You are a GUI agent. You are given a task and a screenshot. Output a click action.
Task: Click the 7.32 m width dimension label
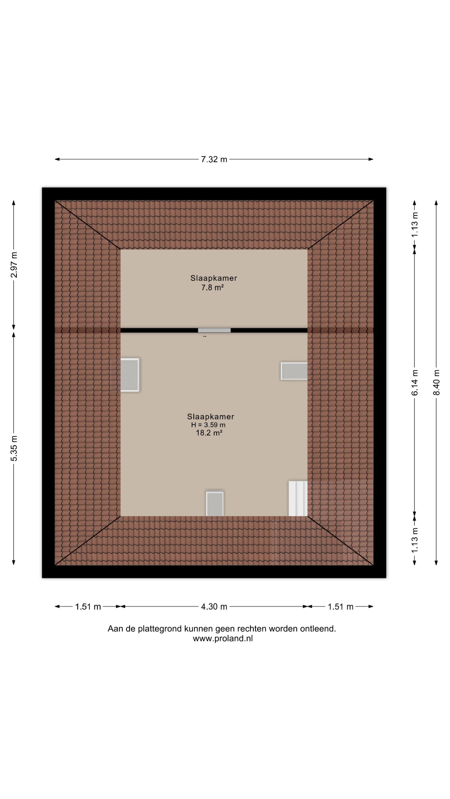[x=214, y=160]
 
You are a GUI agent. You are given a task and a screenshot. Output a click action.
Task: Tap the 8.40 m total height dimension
[x=436, y=382]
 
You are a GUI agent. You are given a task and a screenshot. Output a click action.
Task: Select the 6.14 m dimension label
[x=415, y=382]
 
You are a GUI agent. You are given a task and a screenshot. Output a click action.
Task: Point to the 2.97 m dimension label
[x=14, y=265]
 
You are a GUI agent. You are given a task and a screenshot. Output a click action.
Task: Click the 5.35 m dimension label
[x=14, y=448]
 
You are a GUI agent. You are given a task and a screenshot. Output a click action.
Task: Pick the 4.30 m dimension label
[x=214, y=607]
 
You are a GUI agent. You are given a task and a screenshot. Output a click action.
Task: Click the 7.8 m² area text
[x=212, y=288]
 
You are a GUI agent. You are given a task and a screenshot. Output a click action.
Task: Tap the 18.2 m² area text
[x=209, y=433]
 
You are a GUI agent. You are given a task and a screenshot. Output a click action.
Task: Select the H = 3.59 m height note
[x=208, y=425]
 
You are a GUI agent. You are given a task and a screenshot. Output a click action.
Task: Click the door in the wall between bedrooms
[x=214, y=330]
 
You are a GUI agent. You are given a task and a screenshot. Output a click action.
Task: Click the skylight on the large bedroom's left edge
[x=130, y=375]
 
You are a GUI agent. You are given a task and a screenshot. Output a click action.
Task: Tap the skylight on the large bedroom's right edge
[x=294, y=371]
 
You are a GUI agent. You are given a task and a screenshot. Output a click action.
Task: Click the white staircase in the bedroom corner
[x=298, y=498]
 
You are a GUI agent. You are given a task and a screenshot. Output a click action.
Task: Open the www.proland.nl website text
[x=223, y=639]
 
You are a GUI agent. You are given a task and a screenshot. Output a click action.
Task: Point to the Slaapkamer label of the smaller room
[x=214, y=278]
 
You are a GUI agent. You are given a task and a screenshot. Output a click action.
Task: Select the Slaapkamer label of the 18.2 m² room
[x=211, y=417]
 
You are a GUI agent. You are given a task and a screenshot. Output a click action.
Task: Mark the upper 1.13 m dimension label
[x=415, y=224]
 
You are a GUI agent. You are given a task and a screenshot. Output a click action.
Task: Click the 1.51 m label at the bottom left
[x=88, y=607]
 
